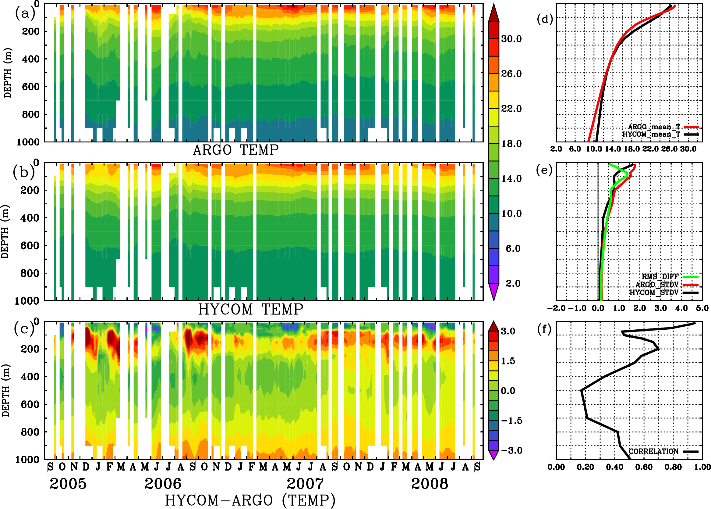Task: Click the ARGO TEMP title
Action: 235,150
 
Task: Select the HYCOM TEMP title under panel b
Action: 250,309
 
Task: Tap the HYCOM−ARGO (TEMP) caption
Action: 250,500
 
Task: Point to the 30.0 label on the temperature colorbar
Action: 511,39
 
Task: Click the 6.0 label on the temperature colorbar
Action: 513,249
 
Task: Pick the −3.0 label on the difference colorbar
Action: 511,450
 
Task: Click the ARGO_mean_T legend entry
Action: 654,127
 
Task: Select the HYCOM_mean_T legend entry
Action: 652,134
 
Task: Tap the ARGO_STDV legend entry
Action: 657,285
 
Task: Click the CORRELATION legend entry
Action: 654,451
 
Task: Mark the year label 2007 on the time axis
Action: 305,484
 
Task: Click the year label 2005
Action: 68,484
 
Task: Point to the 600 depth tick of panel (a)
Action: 31,87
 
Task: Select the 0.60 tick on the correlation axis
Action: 644,467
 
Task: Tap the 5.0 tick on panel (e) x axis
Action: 702,308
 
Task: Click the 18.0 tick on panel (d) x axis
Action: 632,149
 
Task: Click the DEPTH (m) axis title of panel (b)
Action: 5,231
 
